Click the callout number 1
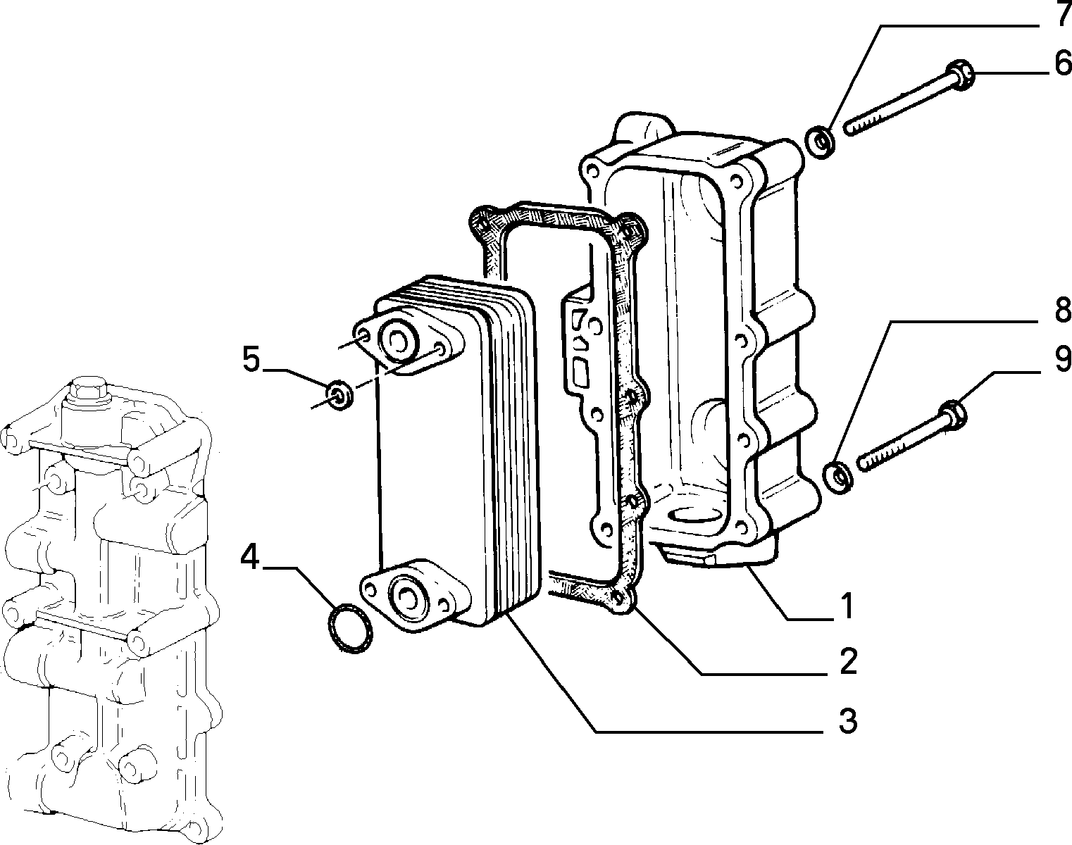pyautogui.click(x=847, y=606)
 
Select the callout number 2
pyautogui.click(x=847, y=661)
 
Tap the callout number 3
pyautogui.click(x=847, y=720)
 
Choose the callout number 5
pyautogui.click(x=251, y=360)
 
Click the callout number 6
pyautogui.click(x=1061, y=64)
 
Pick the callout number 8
pyautogui.click(x=1061, y=310)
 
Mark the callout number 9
pyautogui.click(x=1061, y=360)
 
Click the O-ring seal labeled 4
pyautogui.click(x=351, y=628)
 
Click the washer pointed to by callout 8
pyautogui.click(x=839, y=477)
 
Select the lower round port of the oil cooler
pyautogui.click(x=407, y=596)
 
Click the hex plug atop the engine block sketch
pyautogui.click(x=88, y=389)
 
